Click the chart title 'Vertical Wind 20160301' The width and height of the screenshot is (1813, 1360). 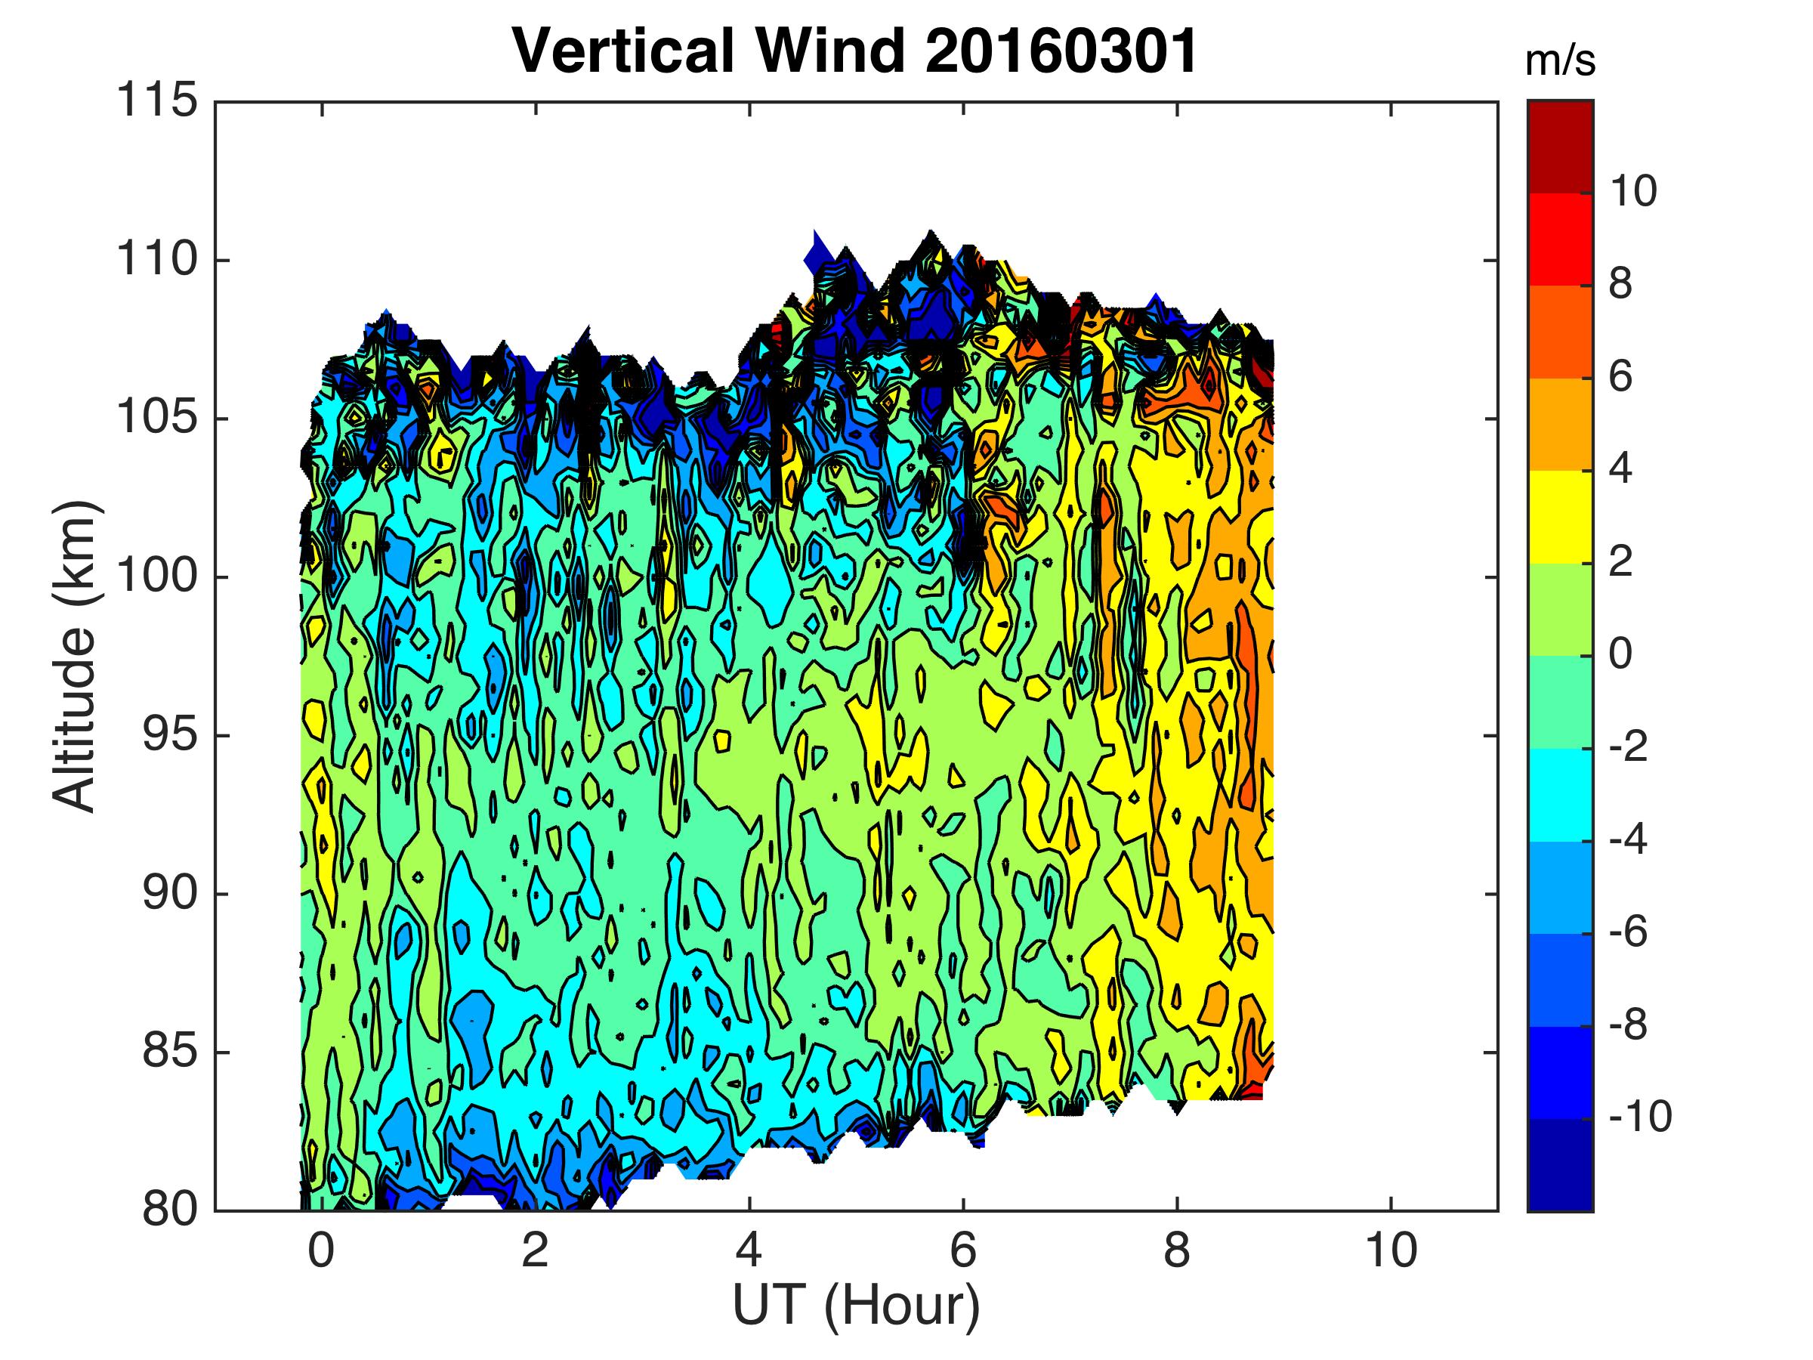click(x=855, y=51)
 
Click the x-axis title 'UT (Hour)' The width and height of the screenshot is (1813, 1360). click(x=856, y=1304)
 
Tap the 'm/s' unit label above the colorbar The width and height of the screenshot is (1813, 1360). click(x=1561, y=63)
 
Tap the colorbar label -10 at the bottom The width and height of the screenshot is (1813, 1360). click(x=1640, y=1117)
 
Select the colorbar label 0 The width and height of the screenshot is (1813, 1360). click(x=1620, y=654)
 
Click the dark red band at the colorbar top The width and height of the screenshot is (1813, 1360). click(x=1561, y=147)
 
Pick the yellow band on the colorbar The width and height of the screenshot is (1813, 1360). click(x=1561, y=517)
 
